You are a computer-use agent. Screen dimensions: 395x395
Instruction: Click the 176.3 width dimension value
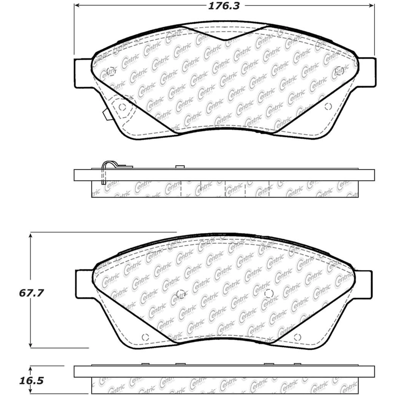pyautogui.click(x=224, y=6)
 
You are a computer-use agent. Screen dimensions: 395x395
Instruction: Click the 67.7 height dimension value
pyautogui.click(x=32, y=293)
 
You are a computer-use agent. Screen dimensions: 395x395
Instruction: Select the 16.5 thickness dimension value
pyautogui.click(x=32, y=381)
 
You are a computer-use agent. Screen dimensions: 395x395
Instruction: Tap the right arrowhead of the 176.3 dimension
pyautogui.click(x=371, y=5)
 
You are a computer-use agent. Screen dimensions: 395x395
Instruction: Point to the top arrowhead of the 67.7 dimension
pyautogui.click(x=30, y=236)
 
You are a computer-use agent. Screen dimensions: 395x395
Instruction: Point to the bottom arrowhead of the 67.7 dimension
pyautogui.click(x=30, y=345)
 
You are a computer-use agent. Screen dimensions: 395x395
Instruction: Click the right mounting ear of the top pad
pyautogui.click(x=367, y=72)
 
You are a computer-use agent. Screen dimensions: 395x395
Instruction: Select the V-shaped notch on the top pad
pyautogui.click(x=225, y=33)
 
